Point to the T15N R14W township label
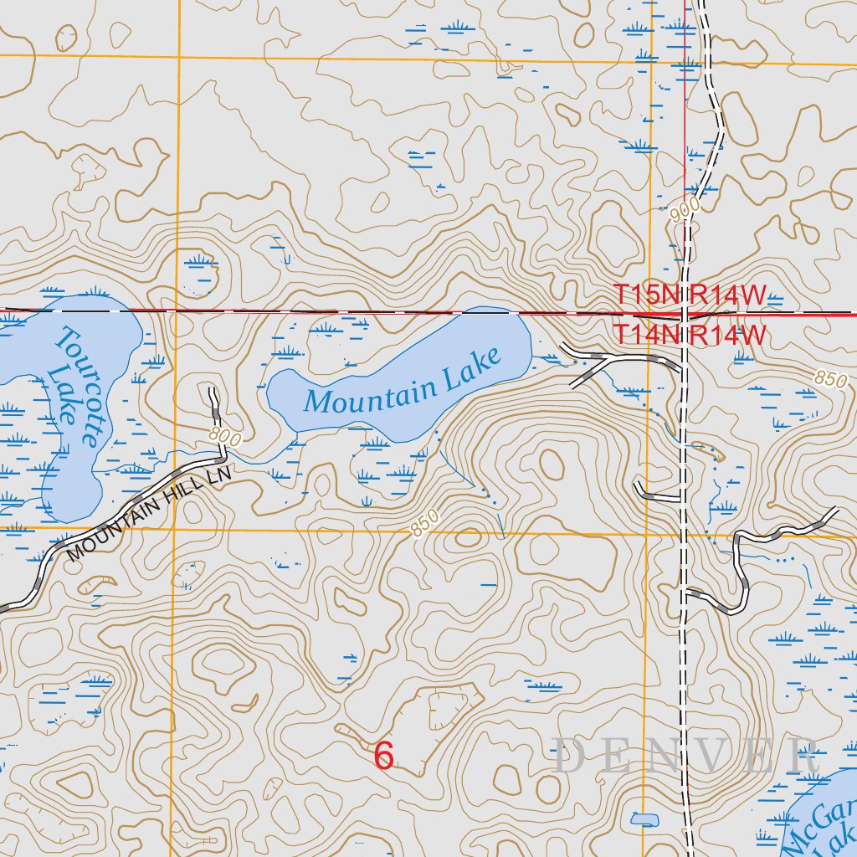click(690, 295)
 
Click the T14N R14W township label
click(690, 334)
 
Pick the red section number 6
click(383, 756)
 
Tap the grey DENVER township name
click(685, 757)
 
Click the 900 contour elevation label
click(684, 212)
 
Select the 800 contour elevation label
click(225, 437)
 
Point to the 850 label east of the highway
click(829, 379)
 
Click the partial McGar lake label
click(824, 824)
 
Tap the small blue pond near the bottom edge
click(644, 819)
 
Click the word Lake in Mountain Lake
click(473, 365)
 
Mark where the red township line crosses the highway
click(685, 315)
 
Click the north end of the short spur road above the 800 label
click(212, 391)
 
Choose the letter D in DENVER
click(569, 757)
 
